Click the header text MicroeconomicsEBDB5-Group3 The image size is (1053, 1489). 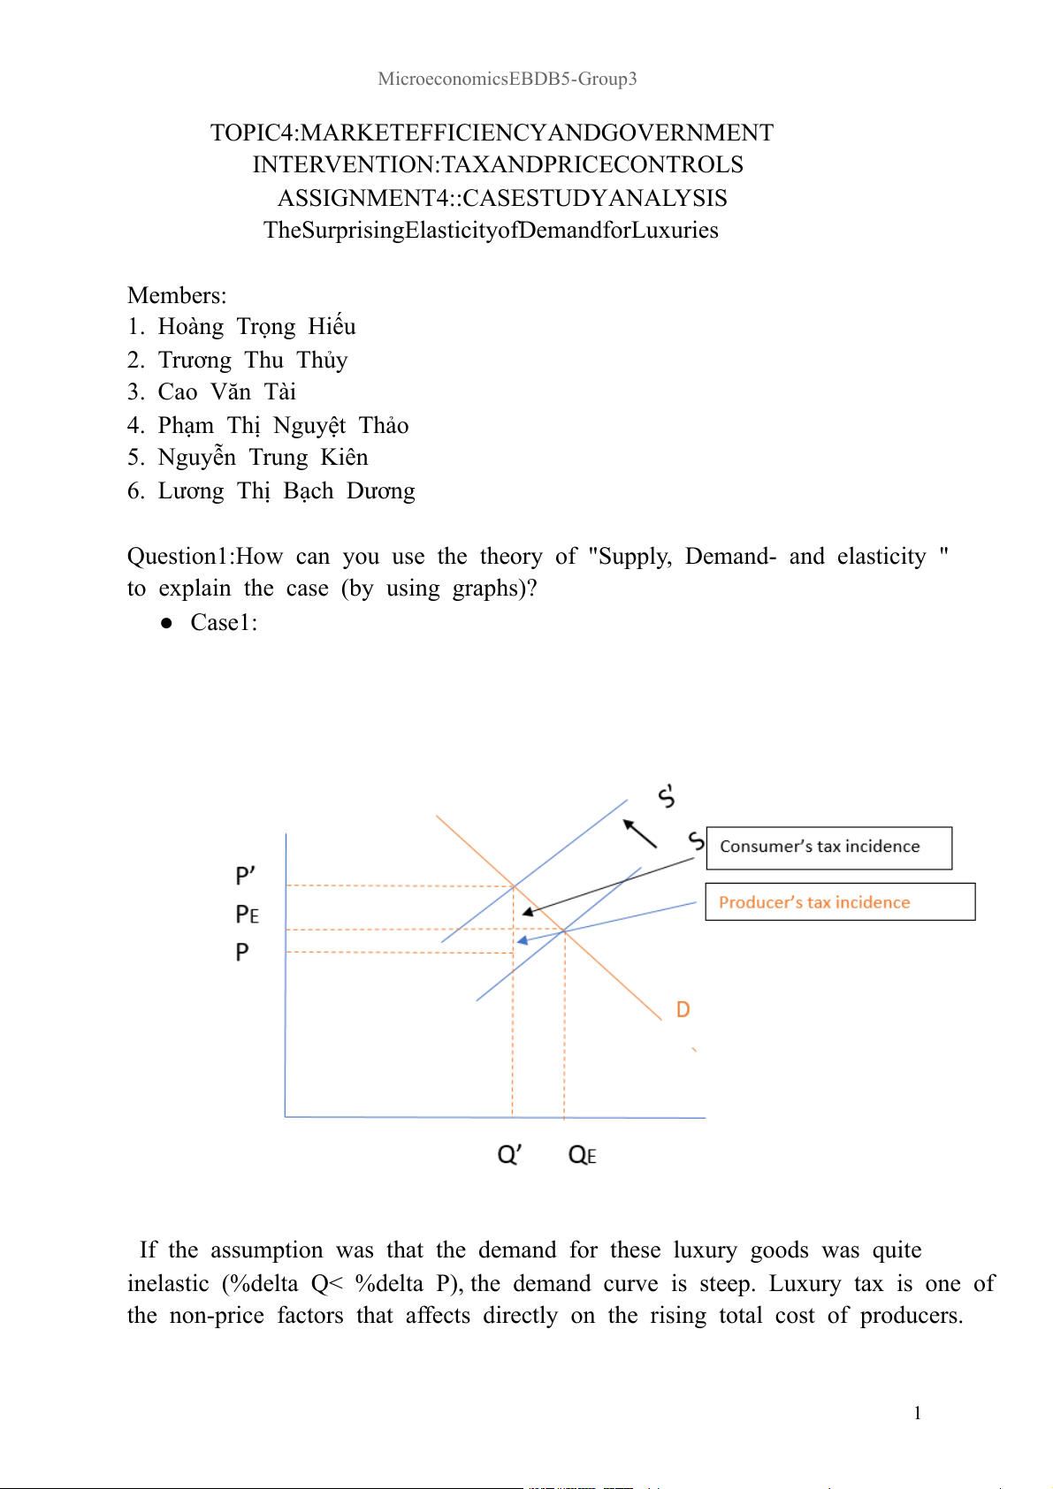(507, 79)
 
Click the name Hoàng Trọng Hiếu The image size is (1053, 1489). (256, 327)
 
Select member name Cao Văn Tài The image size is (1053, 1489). (226, 392)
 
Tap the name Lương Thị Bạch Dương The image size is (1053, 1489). (286, 491)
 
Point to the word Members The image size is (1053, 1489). (176, 295)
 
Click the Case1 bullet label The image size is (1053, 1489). (223, 623)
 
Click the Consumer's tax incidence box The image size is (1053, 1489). (828, 847)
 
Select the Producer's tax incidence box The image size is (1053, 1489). (839, 902)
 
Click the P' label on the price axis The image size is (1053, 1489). (245, 876)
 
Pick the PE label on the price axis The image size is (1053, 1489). (247, 915)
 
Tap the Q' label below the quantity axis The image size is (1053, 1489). (509, 1154)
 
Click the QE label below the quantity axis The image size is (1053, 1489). (582, 1155)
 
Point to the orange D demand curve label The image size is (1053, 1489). (683, 1009)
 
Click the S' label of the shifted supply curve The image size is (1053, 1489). (667, 795)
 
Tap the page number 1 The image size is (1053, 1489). (917, 1413)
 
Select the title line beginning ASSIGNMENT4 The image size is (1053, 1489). (502, 198)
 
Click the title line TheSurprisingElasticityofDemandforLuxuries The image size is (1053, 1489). (491, 231)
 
